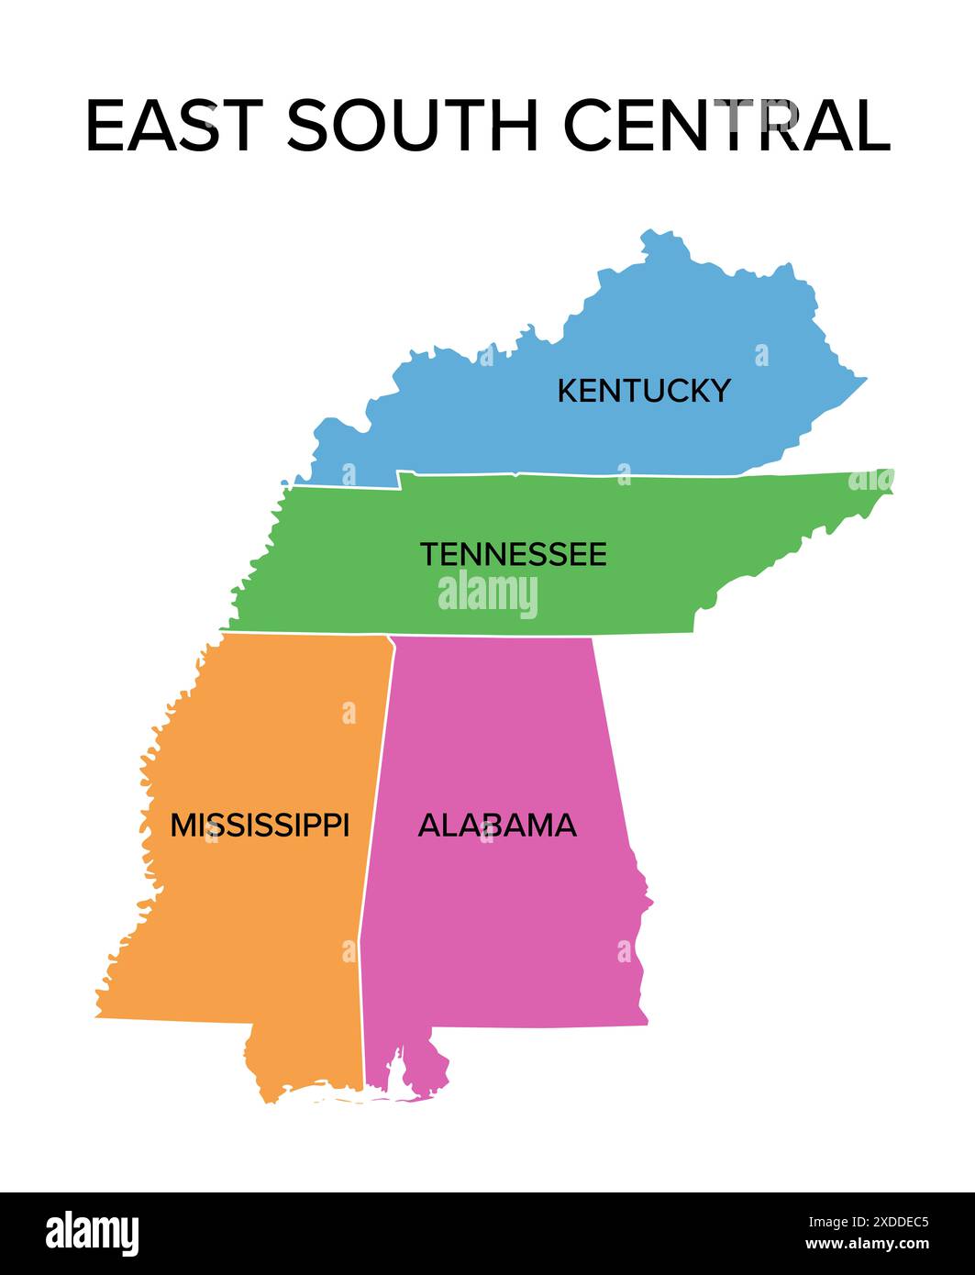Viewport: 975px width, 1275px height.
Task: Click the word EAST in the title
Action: pos(173,125)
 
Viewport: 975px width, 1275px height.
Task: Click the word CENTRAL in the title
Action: pos(726,125)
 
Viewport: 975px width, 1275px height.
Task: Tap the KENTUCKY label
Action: pos(644,391)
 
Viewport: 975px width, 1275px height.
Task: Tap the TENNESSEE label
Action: pos(514,554)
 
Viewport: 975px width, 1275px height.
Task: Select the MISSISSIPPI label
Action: pos(260,825)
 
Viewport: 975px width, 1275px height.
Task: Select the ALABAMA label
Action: pos(497,825)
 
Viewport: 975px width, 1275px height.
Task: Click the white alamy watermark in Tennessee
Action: pos(488,594)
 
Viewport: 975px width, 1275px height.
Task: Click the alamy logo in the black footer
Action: pos(93,1232)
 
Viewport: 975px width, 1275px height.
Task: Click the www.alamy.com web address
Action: pos(867,1245)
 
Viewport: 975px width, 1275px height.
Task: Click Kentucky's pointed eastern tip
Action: pos(865,378)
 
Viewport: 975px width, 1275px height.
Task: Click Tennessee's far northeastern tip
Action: pos(890,472)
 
